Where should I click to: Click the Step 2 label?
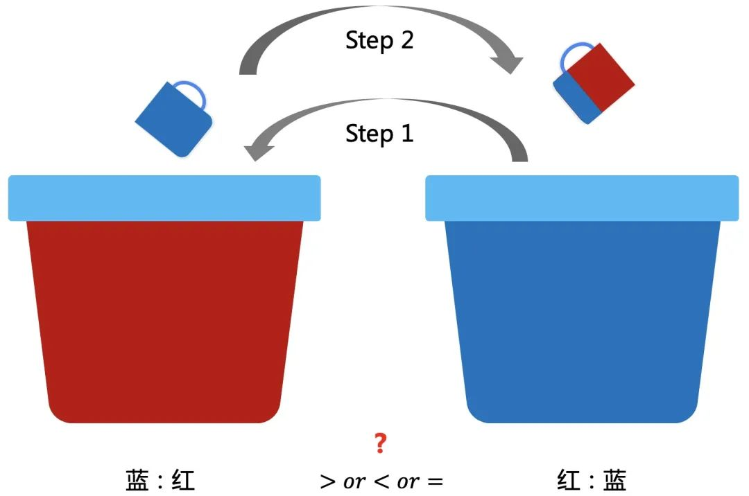click(x=379, y=40)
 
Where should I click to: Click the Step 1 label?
click(x=379, y=132)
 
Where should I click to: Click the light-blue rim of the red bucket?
click(x=164, y=198)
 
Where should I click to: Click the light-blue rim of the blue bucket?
click(x=581, y=198)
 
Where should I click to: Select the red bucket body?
click(x=164, y=319)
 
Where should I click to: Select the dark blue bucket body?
click(x=581, y=319)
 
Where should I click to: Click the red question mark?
click(x=379, y=443)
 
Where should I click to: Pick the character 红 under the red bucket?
click(x=182, y=480)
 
